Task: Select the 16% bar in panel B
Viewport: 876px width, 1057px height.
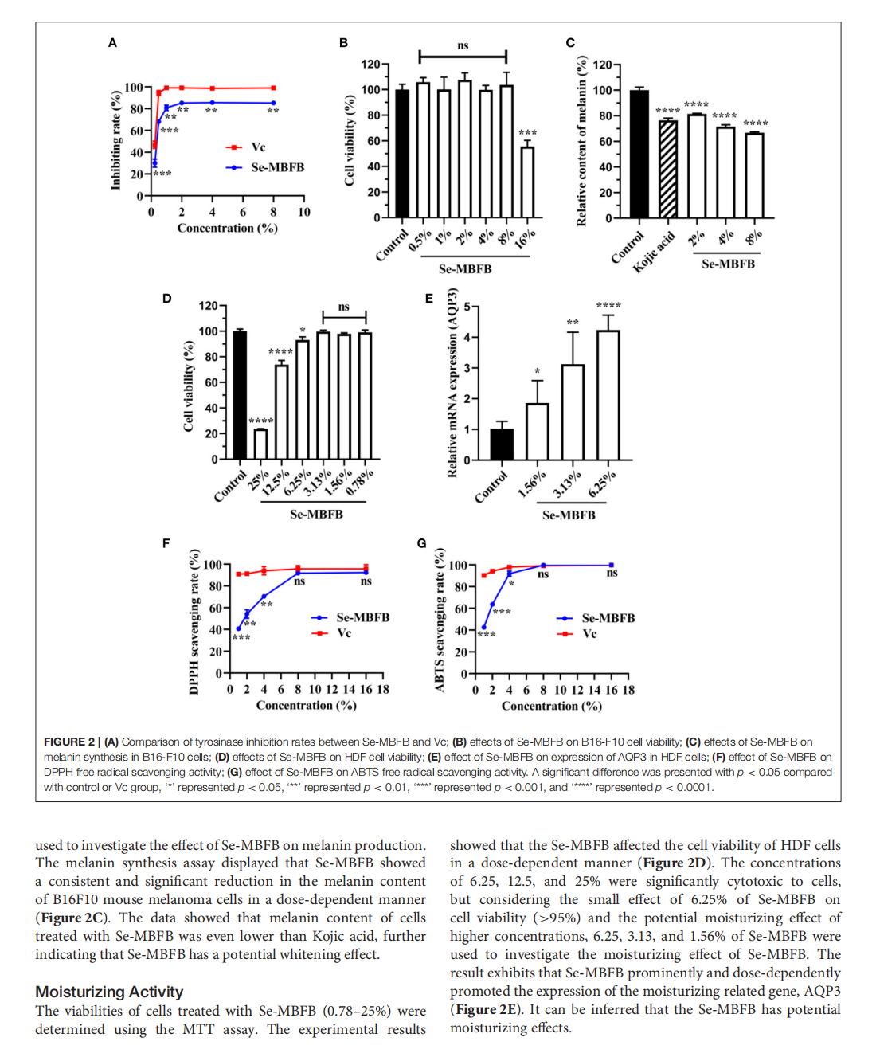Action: (x=527, y=182)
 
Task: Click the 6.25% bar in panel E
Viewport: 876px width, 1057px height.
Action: (x=608, y=395)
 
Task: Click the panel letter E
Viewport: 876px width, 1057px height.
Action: (x=429, y=299)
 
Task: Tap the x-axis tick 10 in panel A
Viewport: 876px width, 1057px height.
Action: (x=304, y=212)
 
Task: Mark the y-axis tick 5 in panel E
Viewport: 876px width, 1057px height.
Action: (x=467, y=307)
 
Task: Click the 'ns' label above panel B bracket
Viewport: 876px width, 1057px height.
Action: (x=463, y=45)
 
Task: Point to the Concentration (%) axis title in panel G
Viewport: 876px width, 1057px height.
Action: (x=551, y=706)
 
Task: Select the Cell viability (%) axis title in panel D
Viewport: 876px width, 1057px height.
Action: (x=189, y=386)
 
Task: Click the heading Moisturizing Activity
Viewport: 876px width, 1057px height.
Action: (x=109, y=992)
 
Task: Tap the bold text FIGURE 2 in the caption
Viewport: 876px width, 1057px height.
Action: (x=68, y=742)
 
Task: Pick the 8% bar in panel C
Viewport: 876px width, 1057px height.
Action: (x=754, y=175)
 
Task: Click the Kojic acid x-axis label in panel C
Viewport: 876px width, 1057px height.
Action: (x=654, y=252)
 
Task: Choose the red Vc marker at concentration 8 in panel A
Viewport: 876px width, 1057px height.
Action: (x=273, y=88)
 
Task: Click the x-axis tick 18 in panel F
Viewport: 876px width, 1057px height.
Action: (x=383, y=689)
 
